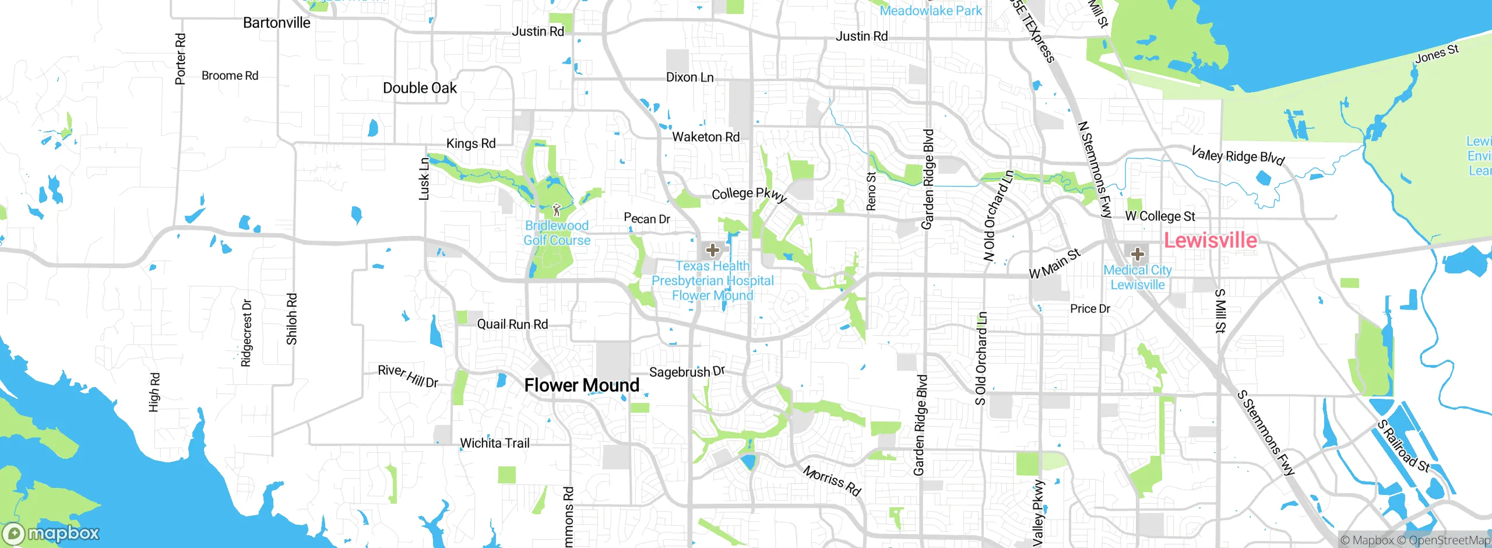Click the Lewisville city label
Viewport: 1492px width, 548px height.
pos(1210,240)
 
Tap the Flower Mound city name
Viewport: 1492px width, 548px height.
pos(582,385)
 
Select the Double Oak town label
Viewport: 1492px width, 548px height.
pos(420,88)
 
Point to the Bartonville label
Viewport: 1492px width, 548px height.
pos(276,23)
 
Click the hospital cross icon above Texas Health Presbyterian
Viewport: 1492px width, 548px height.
pos(712,251)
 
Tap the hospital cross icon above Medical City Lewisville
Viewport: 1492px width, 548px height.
pos(1137,254)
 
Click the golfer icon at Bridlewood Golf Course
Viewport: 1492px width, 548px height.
pos(557,210)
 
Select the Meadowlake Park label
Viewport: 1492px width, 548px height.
pos(930,10)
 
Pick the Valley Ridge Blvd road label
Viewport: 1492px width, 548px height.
pos(1237,156)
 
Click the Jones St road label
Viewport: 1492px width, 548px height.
pos(1437,54)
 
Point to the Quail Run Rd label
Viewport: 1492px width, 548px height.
pos(512,324)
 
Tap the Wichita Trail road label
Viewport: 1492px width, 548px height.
pos(495,443)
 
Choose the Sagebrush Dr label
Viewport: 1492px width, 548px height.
pos(687,371)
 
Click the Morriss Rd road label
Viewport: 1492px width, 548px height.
pos(832,480)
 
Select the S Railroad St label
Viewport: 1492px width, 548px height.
pos(1403,446)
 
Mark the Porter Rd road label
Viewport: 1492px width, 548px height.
pos(181,59)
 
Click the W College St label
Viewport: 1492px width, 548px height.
pos(1160,216)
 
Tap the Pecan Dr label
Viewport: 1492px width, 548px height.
pos(646,219)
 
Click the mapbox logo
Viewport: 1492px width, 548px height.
pos(51,533)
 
